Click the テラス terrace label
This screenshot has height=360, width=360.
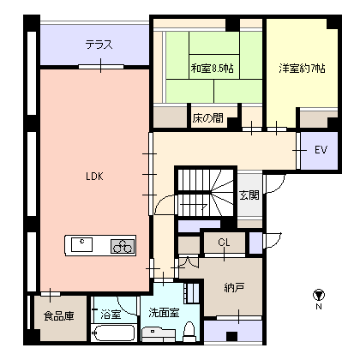tap(99, 45)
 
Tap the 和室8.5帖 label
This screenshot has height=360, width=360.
tap(210, 68)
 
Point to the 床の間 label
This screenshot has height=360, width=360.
tap(207, 117)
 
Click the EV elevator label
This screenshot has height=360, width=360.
tap(321, 150)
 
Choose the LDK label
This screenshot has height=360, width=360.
tap(94, 177)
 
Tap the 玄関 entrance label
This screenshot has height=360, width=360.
tap(249, 196)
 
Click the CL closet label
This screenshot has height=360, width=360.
tap(224, 243)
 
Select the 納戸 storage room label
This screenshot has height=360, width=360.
tap(235, 287)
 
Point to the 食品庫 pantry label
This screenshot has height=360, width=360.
tap(58, 315)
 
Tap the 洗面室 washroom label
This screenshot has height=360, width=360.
tap(163, 312)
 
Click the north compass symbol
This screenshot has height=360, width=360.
tap(319, 293)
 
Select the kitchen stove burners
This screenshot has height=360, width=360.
tap(122, 246)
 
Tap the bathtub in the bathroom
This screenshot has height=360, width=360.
tap(113, 334)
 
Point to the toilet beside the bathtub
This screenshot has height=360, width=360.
tap(189, 333)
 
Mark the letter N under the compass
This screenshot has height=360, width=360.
tap(319, 306)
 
